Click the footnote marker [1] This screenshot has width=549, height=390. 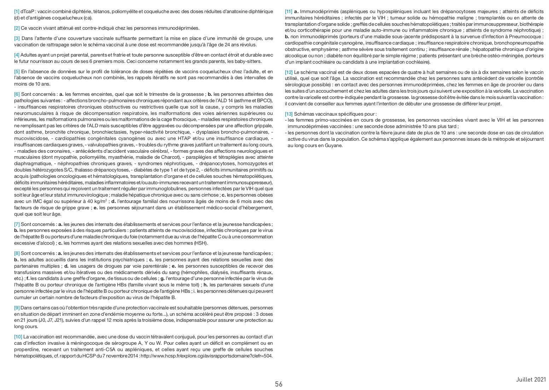point(17,11)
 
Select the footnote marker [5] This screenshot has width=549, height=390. point(17,71)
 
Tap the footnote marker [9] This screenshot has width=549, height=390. point(17,308)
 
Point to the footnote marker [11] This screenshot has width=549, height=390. point(288,11)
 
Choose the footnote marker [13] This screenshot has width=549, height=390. point(288,114)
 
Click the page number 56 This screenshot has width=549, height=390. point(279,384)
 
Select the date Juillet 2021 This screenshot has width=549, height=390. point(531,379)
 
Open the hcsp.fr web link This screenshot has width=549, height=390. point(207,356)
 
